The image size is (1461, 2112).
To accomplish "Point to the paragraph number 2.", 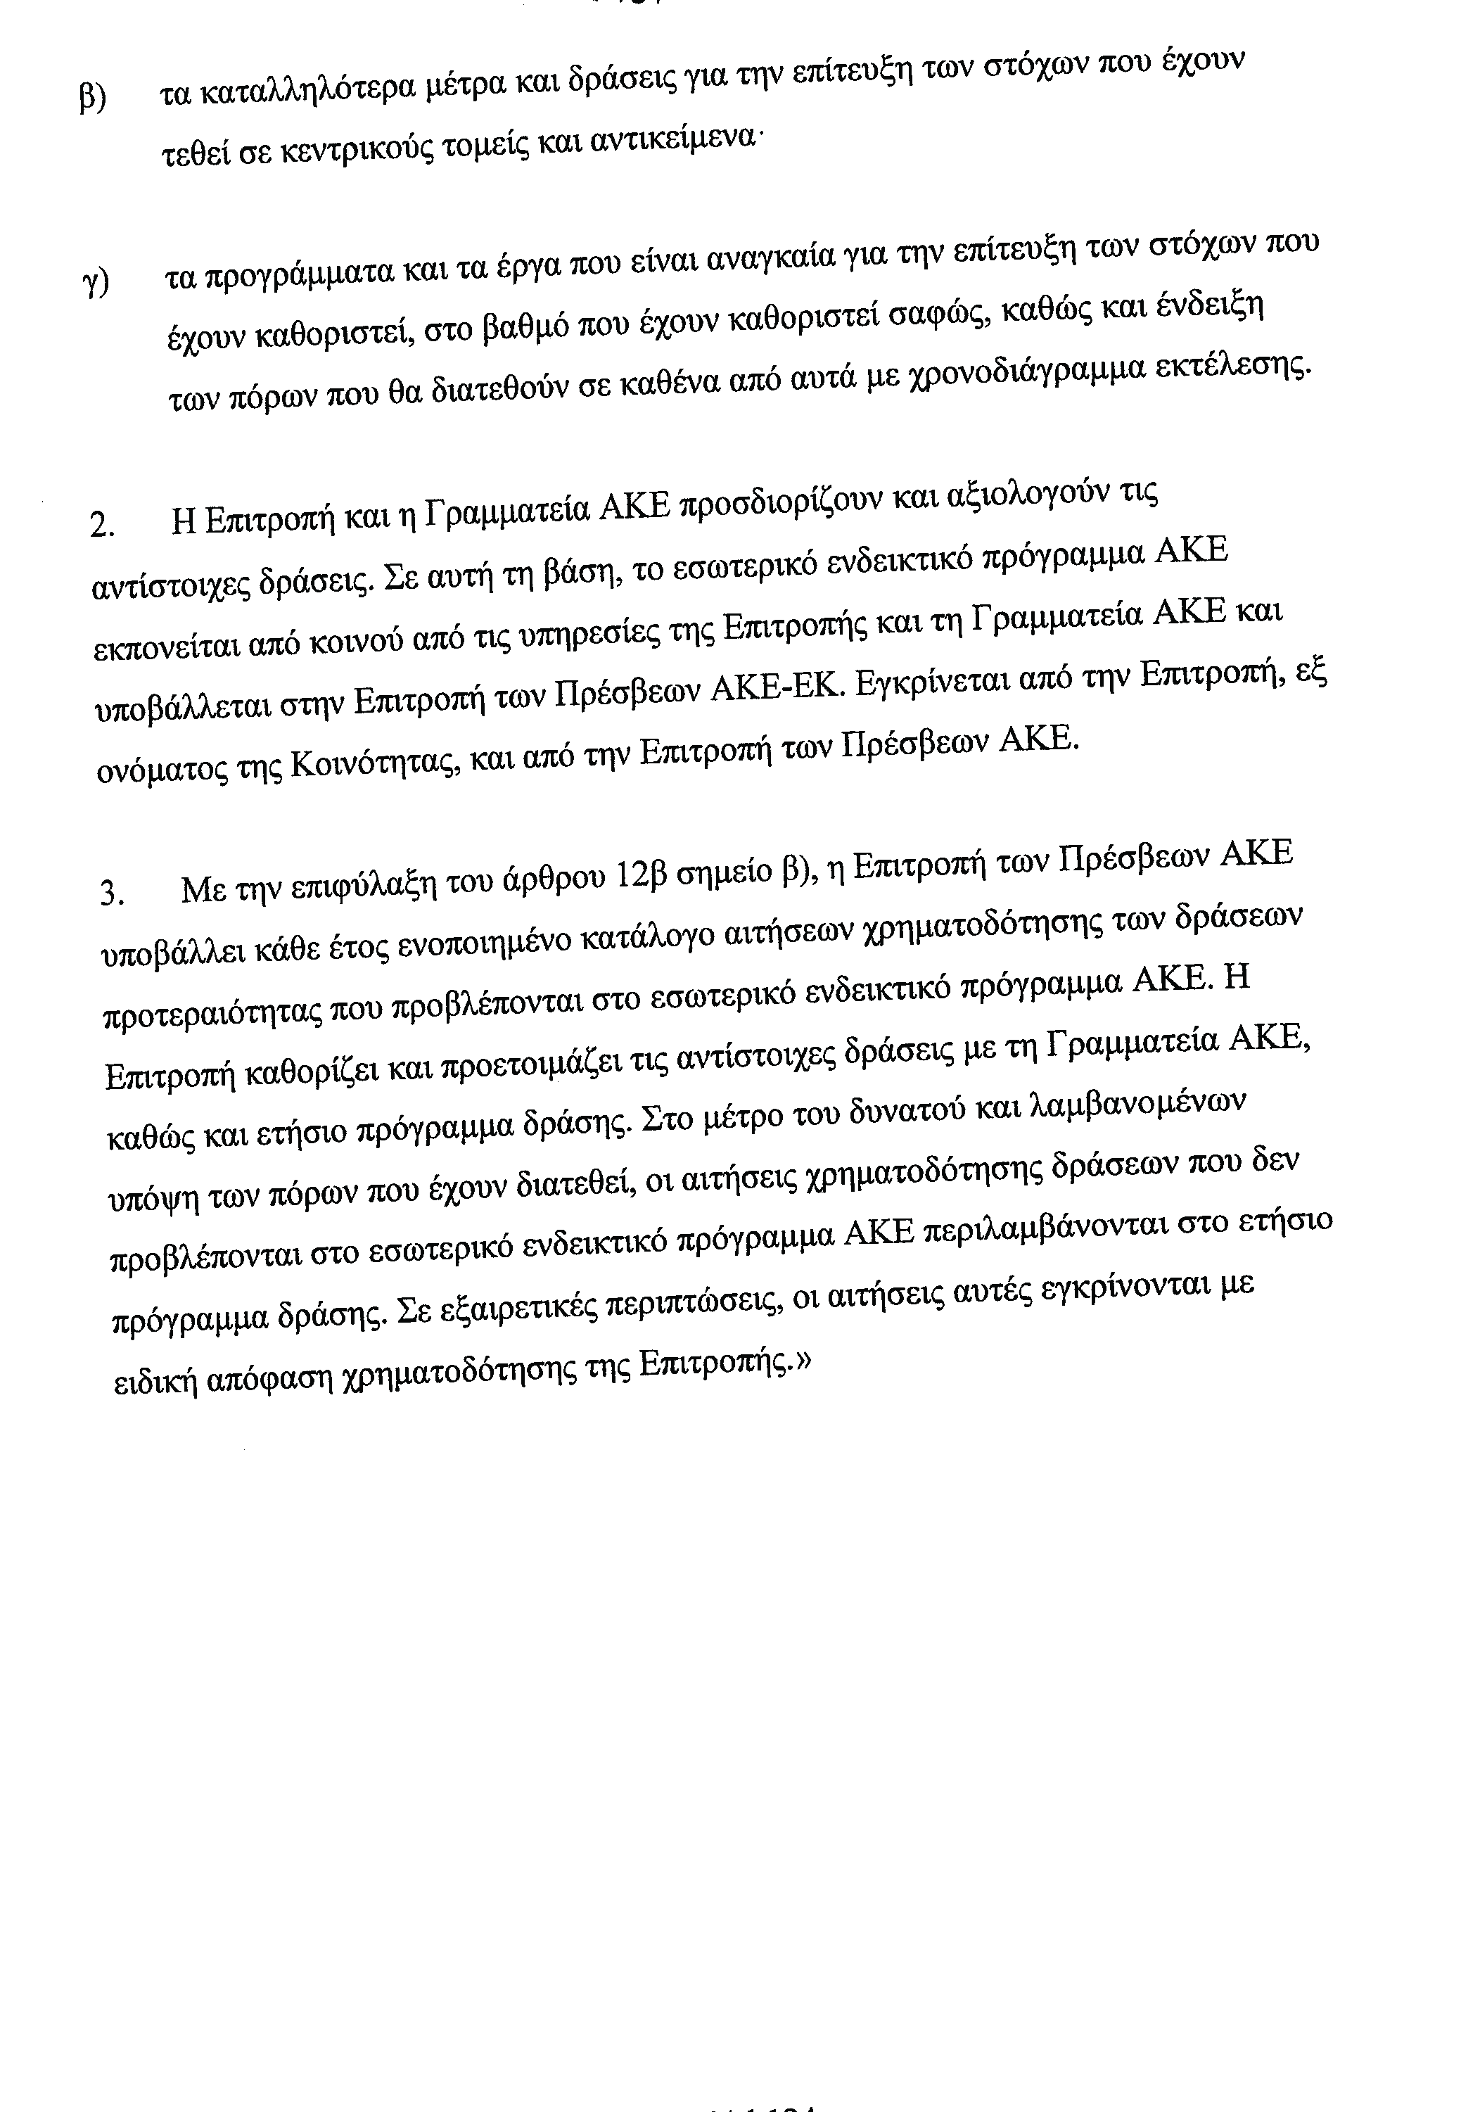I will point(101,526).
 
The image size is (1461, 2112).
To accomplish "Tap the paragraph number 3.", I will point(110,891).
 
